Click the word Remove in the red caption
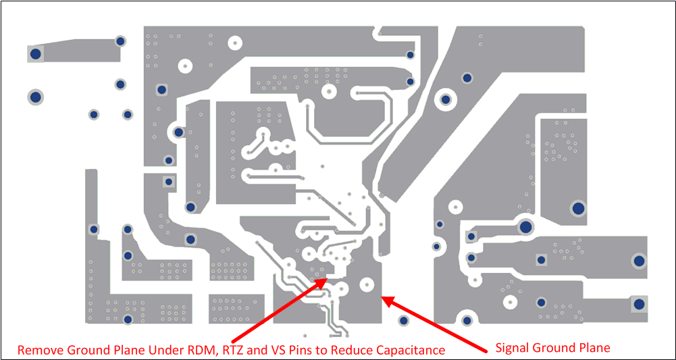tap(39, 350)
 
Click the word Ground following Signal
tap(556, 348)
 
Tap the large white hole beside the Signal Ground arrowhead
tap(367, 284)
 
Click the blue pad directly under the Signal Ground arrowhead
tap(403, 322)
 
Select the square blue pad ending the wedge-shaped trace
tap(36, 53)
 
